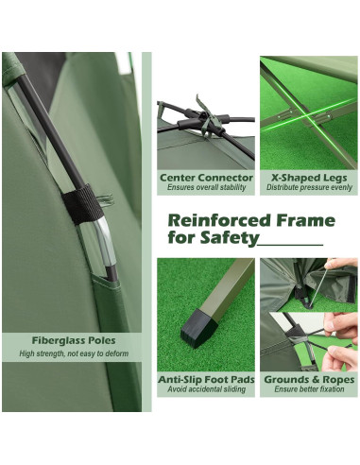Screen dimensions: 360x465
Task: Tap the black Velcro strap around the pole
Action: click(x=83, y=204)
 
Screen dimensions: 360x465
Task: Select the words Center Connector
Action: click(x=206, y=178)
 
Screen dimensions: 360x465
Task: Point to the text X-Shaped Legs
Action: click(x=309, y=178)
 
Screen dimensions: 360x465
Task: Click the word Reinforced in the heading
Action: click(x=219, y=220)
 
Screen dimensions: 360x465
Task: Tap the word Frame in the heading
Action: click(x=306, y=220)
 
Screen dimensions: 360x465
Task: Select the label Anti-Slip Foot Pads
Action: click(x=206, y=380)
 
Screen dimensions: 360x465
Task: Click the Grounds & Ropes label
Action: click(x=309, y=380)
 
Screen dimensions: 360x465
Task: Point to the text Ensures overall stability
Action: click(x=206, y=187)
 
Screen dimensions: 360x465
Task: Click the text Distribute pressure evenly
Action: click(x=309, y=187)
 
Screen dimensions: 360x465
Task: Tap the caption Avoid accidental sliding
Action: click(x=206, y=389)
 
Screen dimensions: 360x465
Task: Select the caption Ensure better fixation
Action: click(x=309, y=389)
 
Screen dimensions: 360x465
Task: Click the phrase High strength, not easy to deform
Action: click(x=74, y=353)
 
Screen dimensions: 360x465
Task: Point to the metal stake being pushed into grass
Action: click(x=319, y=285)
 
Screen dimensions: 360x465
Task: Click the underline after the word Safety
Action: click(x=291, y=245)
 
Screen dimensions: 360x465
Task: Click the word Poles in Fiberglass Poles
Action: click(x=102, y=340)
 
